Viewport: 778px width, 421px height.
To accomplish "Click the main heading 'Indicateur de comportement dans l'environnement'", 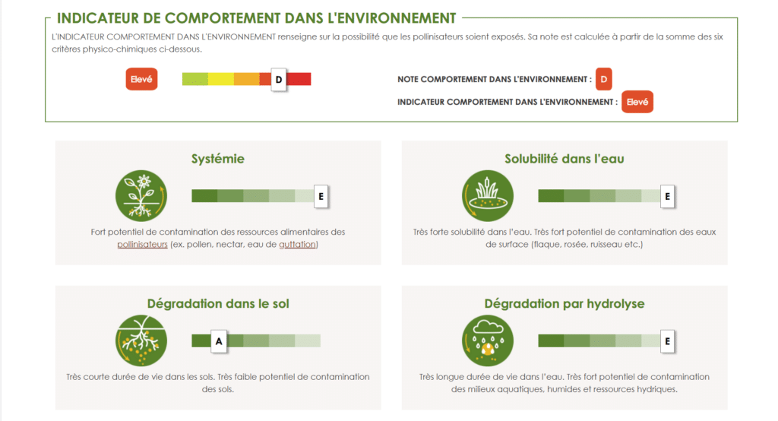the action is pos(256,18).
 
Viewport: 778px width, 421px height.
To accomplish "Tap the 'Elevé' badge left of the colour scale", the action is pos(141,79).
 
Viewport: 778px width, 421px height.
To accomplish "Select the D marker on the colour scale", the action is pos(279,80).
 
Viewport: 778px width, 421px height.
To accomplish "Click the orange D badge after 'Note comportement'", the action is pos(604,79).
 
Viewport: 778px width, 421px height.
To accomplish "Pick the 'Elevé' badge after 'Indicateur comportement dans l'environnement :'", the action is pos(637,102).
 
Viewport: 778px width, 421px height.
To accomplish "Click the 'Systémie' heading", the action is pos(218,159).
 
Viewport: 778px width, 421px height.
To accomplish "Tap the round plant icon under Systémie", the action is pos(141,195).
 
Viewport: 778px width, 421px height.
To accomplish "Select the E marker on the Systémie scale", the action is pos(321,196).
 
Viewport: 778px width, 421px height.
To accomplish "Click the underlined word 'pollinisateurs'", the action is pos(142,244).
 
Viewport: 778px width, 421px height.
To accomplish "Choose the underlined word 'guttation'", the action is pos(297,244).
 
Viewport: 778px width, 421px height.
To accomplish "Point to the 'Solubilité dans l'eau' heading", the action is pos(565,159).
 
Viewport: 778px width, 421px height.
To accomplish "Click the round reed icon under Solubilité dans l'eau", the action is pos(488,195).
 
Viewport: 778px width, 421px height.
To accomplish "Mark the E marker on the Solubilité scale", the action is pos(667,196).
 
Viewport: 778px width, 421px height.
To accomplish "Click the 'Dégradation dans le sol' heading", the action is pos(218,303).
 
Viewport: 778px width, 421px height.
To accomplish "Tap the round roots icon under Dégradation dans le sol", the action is pos(141,340).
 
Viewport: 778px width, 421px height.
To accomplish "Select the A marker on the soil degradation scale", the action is pos(219,341).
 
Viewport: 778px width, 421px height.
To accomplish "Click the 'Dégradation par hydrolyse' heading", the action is pos(565,303).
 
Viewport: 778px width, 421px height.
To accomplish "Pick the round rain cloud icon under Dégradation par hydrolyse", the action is pos(488,340).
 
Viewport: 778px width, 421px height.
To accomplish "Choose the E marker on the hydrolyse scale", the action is pos(667,341).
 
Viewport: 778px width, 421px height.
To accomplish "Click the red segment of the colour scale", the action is pos(299,79).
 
